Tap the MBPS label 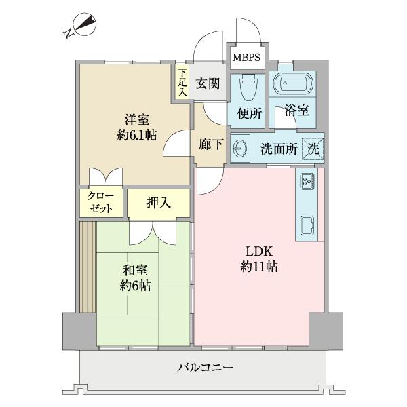tap(246, 58)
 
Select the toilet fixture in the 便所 tap(248, 88)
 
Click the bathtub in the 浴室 tap(293, 83)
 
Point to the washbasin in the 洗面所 tap(240, 149)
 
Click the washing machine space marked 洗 tap(313, 149)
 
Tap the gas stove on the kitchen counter tap(307, 180)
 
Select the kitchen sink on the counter tap(307, 225)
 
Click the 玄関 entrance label tap(208, 83)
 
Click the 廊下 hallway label tap(211, 144)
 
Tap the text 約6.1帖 tap(137, 135)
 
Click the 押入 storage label tap(158, 203)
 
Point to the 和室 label tap(135, 270)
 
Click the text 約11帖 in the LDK tap(259, 267)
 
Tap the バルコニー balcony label tap(206, 368)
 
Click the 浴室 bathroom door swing tap(286, 117)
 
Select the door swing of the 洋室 tap(177, 143)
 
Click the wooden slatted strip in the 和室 tap(88, 267)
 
